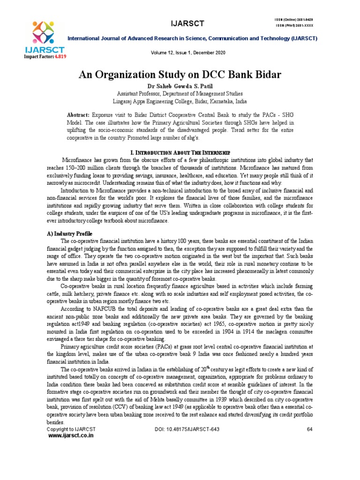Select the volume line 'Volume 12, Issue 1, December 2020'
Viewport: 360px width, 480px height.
tap(187, 53)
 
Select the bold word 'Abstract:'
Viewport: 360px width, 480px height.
tap(78, 115)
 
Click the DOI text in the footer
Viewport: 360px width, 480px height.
tap(187, 429)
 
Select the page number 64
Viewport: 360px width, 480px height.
tap(309, 429)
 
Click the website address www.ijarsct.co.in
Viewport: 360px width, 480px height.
tap(71, 435)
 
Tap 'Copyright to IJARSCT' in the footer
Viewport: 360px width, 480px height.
tap(71, 429)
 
